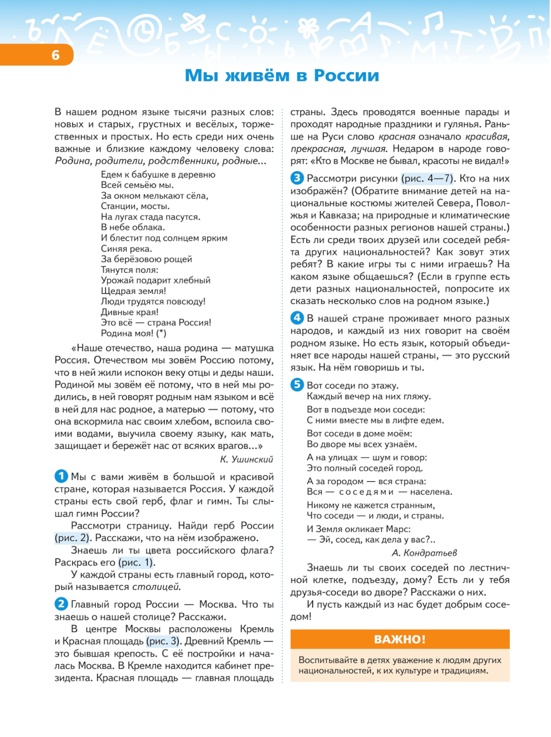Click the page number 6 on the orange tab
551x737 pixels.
(55, 55)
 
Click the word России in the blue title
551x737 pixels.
(346, 76)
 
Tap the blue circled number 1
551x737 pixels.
(61, 476)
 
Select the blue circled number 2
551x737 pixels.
(61, 604)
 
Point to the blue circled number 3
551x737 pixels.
(297, 178)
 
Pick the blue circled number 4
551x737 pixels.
(297, 318)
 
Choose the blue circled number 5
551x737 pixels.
(297, 385)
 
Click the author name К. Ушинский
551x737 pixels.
(246, 459)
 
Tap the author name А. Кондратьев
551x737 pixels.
(424, 553)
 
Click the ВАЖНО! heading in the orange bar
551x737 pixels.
(399, 639)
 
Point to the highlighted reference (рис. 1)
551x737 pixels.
(136, 562)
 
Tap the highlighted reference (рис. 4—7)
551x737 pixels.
(428, 179)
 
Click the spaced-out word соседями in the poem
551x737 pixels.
(366, 492)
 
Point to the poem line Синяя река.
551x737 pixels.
(126, 249)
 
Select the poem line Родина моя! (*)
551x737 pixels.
(133, 333)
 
